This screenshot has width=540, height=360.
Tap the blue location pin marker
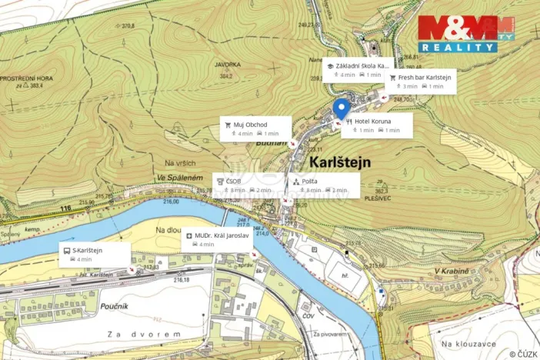(x=341, y=108)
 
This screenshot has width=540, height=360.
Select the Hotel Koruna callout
(x=377, y=125)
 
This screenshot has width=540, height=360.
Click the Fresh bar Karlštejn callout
(x=421, y=82)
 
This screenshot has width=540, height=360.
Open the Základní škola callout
(x=358, y=70)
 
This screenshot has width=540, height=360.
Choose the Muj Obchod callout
(x=255, y=128)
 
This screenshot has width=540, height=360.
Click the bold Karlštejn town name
(x=340, y=162)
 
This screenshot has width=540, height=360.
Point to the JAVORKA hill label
(x=206, y=65)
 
